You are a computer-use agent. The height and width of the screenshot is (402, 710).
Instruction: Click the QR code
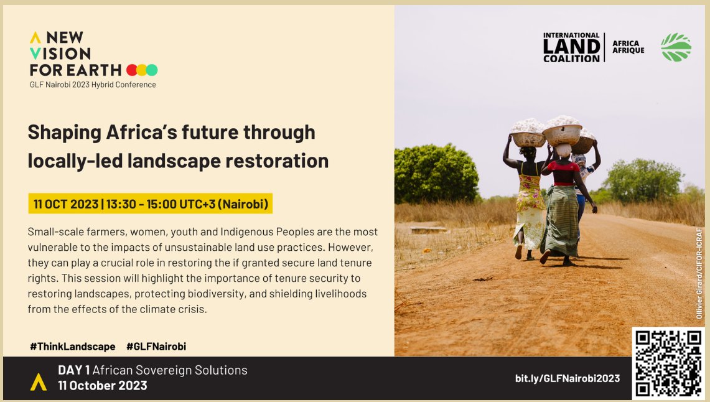(x=668, y=363)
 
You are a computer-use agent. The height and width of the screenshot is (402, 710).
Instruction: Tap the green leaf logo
(x=676, y=47)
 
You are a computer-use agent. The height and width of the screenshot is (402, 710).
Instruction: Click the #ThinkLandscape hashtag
(x=72, y=347)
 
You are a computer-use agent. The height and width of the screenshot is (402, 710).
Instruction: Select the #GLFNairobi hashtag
(x=156, y=347)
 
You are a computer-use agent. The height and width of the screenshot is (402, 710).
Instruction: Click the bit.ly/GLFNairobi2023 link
(x=567, y=378)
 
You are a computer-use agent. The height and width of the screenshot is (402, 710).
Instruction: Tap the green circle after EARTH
(x=152, y=70)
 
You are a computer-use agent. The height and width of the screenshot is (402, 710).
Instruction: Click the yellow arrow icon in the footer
(x=39, y=381)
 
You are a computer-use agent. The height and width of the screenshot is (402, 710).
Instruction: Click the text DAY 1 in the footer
(x=73, y=370)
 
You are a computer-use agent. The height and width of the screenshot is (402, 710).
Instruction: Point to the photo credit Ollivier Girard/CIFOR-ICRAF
(x=699, y=273)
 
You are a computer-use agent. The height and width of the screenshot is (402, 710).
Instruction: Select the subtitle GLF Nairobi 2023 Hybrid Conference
(x=93, y=84)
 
